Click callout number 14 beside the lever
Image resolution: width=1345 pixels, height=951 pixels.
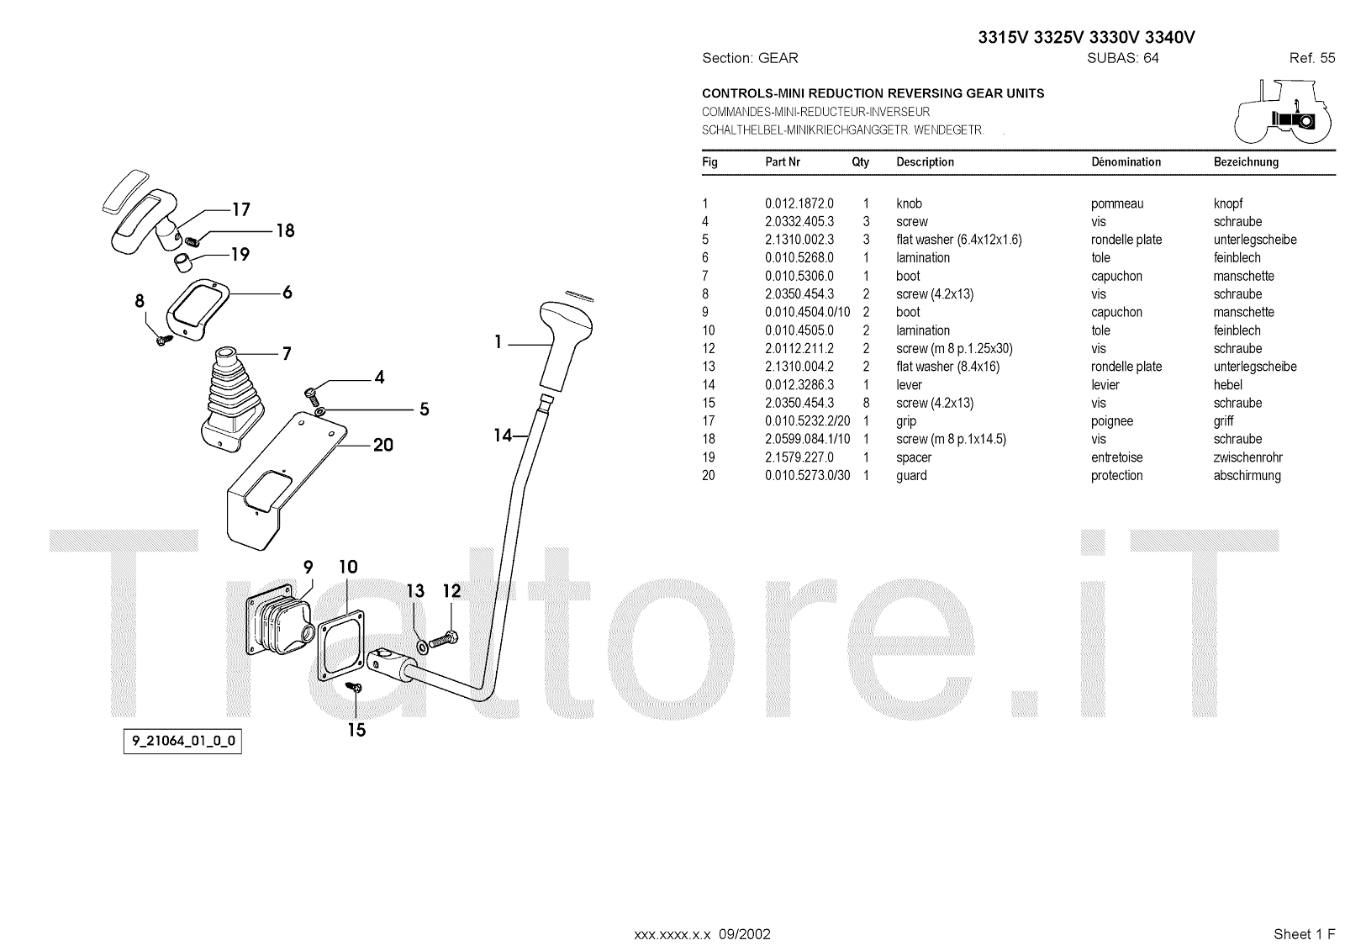503,435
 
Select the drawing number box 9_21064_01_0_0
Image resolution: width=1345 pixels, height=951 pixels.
182,742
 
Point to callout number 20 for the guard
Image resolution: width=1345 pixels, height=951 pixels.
383,445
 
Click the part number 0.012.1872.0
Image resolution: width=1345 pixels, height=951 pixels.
799,203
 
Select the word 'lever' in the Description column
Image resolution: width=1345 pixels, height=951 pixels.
910,385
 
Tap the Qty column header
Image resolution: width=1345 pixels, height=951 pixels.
860,162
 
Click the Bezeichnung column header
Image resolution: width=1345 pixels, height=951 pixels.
1246,162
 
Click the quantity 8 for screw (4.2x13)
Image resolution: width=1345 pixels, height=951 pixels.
866,403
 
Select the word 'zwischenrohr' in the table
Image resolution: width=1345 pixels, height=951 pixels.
1247,457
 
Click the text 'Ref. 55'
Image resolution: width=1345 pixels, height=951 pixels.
1311,58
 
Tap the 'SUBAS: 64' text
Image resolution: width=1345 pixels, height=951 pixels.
1122,58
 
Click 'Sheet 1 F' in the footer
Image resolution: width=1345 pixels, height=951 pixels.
1304,934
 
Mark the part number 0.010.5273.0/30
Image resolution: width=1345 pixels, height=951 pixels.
807,476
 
